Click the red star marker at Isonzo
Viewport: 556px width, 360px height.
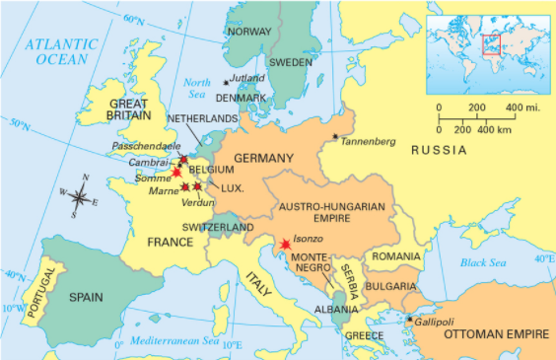(285, 243)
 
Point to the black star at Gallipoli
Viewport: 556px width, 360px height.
(410, 319)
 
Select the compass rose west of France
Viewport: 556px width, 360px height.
(79, 196)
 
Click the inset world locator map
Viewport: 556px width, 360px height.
(486, 47)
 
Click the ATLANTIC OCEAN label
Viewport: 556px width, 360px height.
(61, 51)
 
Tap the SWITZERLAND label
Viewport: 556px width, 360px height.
(218, 227)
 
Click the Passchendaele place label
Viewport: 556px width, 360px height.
(147, 146)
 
